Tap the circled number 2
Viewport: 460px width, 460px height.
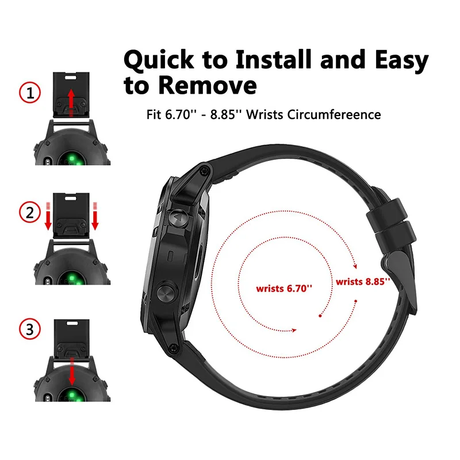[29, 213]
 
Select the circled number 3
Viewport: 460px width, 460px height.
[29, 329]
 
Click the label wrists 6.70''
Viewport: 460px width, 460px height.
[285, 287]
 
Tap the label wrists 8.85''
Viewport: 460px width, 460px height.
[363, 282]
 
